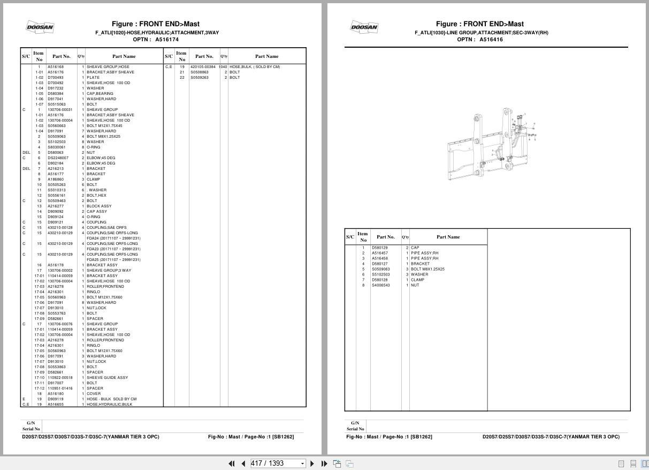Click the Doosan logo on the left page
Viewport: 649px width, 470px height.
point(40,27)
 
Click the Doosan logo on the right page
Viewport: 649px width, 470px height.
point(364,27)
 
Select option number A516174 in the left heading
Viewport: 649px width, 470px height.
point(167,39)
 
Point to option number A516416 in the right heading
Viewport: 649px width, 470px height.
point(491,39)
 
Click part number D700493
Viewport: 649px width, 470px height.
point(55,78)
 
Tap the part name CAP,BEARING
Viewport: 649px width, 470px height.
point(100,94)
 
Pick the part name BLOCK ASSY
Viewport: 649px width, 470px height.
point(99,206)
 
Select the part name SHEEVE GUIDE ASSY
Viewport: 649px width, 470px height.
point(107,378)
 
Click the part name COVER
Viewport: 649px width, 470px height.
point(94,394)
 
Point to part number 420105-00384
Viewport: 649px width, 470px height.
point(203,67)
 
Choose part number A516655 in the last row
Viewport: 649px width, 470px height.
point(56,405)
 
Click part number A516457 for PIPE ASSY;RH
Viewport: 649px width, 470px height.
point(380,253)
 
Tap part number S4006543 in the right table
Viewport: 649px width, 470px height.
point(381,285)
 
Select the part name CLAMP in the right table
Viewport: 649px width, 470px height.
point(417,280)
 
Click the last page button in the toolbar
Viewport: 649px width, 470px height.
point(324,464)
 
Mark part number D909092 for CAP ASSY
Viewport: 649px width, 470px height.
point(55,212)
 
